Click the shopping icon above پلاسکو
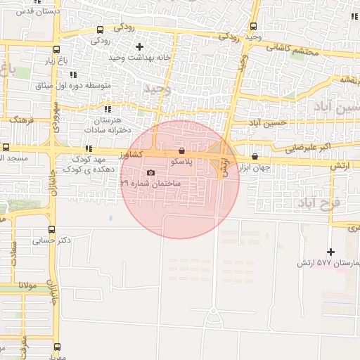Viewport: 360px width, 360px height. pyautogui.click(x=182, y=150)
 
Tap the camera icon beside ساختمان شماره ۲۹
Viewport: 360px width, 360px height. pyautogui.click(x=150, y=173)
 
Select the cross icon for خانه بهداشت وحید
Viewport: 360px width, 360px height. pyautogui.click(x=140, y=46)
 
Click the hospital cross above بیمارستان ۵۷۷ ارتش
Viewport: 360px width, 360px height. pyautogui.click(x=331, y=252)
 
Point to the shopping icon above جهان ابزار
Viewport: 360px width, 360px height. pyautogui.click(x=255, y=157)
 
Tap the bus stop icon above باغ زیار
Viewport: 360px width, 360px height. pyautogui.click(x=56, y=49)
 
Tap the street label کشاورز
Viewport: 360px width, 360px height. pyautogui.click(x=131, y=153)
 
